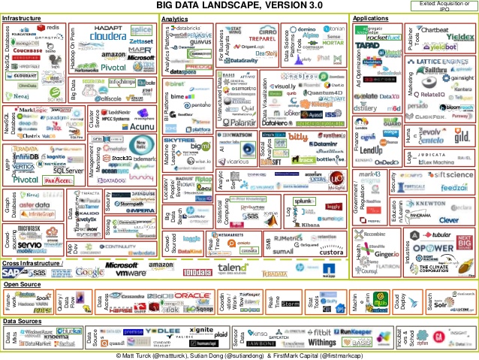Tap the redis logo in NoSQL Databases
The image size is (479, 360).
click(50, 27)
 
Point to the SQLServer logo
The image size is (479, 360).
click(68, 171)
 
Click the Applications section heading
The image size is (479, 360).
click(370, 16)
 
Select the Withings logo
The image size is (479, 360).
click(322, 343)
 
